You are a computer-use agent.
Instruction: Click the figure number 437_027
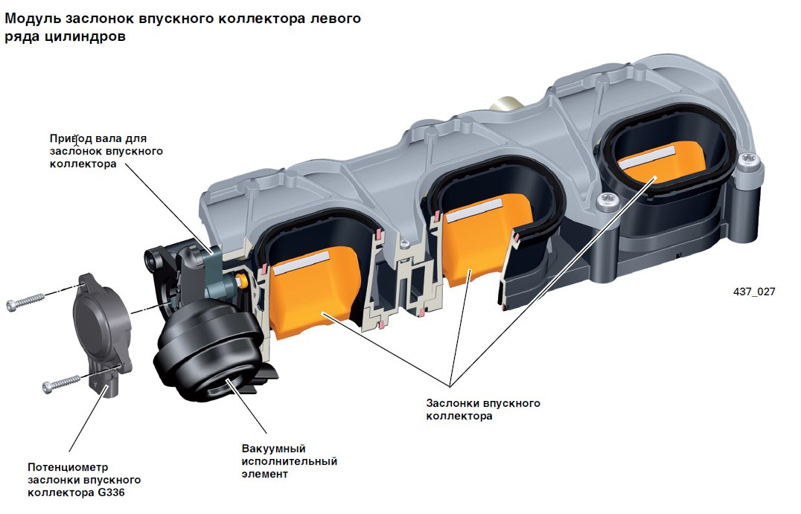754,292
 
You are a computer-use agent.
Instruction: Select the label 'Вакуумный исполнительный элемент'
289,461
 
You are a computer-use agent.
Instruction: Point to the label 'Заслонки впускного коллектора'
482,409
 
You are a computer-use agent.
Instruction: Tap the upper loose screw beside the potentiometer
25,301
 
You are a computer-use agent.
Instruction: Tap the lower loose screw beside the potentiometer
61,384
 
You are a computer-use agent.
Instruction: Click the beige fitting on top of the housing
505,105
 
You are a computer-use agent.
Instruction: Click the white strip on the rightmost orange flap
647,155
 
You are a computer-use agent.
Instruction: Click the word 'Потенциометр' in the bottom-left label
68,468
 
